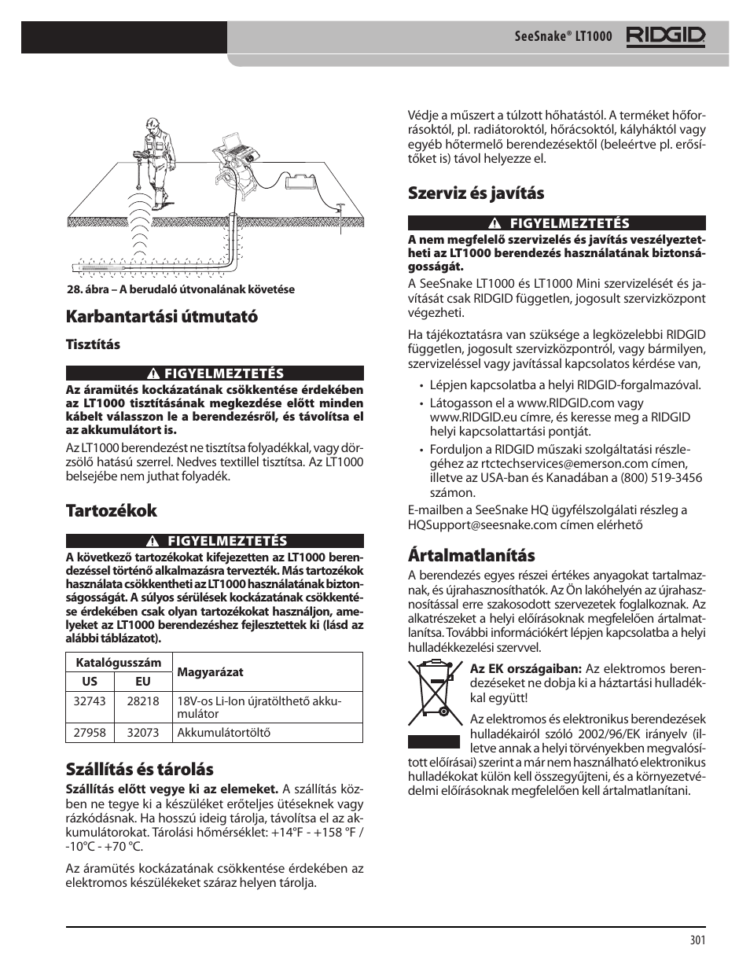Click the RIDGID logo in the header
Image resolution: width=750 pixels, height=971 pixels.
pos(665,36)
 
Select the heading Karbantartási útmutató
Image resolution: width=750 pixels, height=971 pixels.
pos(161,317)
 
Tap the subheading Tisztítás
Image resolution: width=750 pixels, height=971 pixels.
pos(92,344)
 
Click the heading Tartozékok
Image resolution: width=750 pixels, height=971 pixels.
pos(111,510)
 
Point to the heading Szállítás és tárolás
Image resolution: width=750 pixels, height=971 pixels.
pos(139,769)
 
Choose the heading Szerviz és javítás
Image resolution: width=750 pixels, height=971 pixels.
pos(476,193)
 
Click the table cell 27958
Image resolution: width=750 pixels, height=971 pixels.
pos(90,733)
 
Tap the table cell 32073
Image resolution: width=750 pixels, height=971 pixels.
pos(142,733)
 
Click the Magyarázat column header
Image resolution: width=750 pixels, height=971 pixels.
pos(209,672)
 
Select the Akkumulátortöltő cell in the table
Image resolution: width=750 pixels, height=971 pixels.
pos(223,733)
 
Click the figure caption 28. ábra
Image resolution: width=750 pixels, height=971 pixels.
pos(180,289)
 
